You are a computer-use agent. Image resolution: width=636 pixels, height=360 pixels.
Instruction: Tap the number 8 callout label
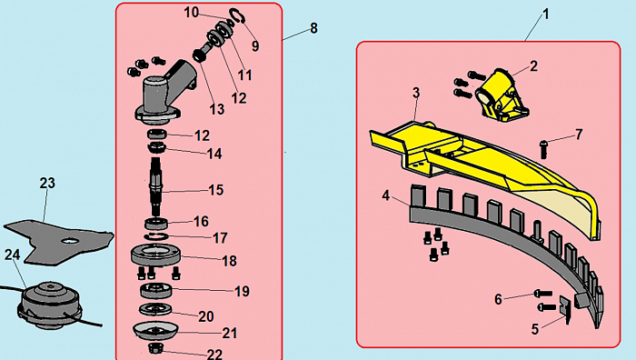pos(313,28)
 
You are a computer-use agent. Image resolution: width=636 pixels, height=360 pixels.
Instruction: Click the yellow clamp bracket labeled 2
pos(502,95)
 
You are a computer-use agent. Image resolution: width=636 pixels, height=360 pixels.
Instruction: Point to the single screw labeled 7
pos(544,149)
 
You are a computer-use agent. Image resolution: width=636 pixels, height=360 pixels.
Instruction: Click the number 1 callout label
pos(546,15)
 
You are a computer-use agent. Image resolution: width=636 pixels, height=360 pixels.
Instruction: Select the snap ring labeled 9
pos(236,16)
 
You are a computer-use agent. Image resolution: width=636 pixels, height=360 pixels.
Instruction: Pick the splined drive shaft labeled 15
pos(156,186)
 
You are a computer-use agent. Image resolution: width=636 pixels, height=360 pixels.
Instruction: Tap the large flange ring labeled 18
pos(155,255)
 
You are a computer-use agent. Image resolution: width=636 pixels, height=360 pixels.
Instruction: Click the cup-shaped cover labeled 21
pos(155,331)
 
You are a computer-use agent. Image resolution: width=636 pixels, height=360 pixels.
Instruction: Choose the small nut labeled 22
pos(155,347)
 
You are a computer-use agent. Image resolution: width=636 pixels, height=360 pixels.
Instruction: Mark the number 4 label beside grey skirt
pos(386,195)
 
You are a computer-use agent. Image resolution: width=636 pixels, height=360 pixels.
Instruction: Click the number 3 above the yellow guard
pos(416,93)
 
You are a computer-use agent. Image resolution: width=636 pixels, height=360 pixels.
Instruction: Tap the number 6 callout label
pos(499,299)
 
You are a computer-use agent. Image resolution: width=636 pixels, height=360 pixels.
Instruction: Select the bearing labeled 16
pos(156,224)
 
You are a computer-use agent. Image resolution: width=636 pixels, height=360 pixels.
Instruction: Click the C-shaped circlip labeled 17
pos(156,236)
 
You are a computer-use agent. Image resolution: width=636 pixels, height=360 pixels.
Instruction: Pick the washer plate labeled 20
pos(155,310)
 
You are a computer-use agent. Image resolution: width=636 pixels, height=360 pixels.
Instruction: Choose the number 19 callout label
pos(242,292)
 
